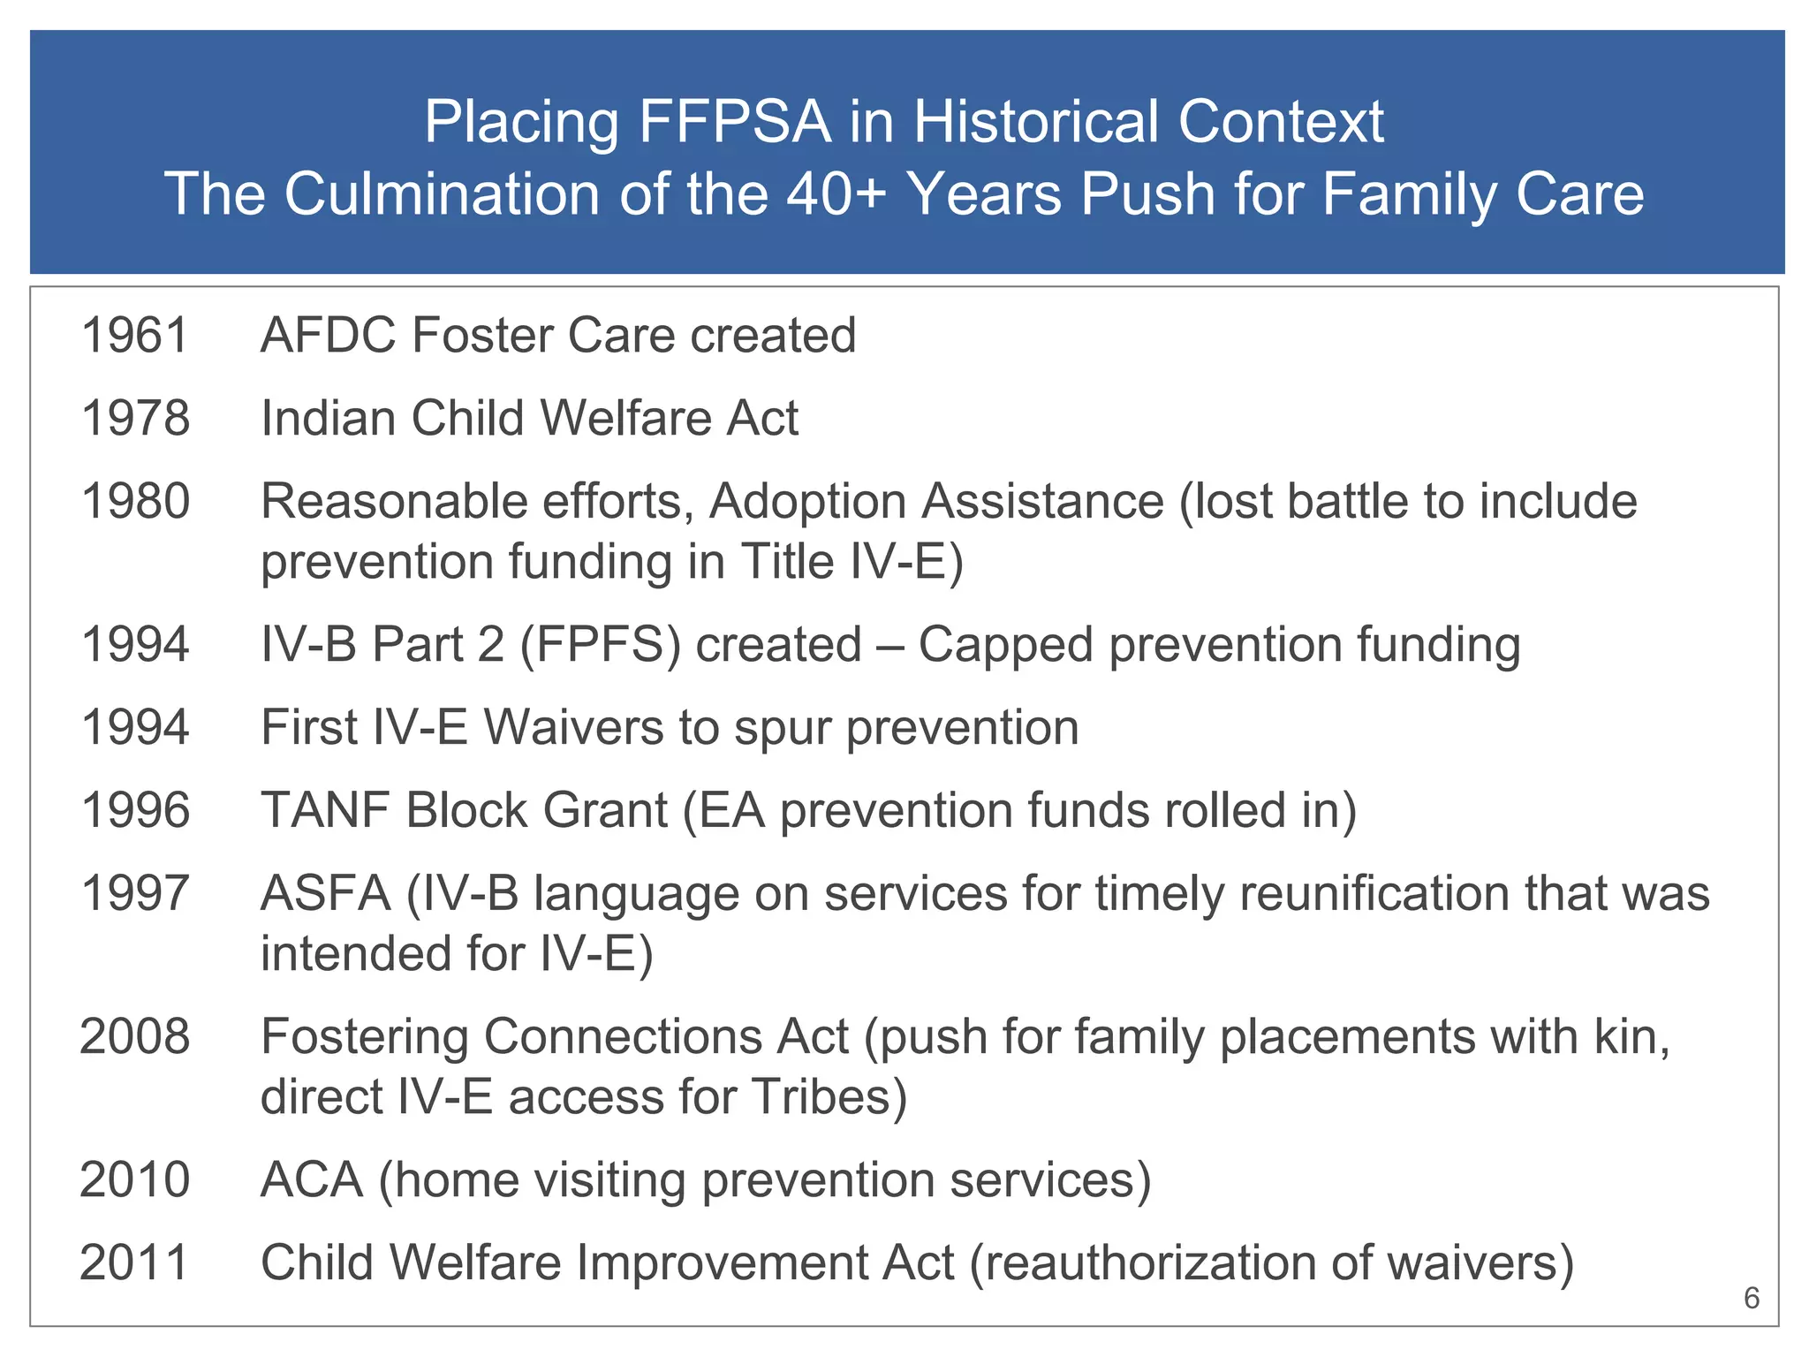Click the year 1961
coord(135,336)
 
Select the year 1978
coord(135,418)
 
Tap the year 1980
coord(135,501)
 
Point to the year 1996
coord(135,810)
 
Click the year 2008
coord(135,1036)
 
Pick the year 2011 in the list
coord(135,1262)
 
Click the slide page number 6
coord(1752,1298)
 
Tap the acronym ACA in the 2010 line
coord(312,1179)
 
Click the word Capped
coord(1006,644)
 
